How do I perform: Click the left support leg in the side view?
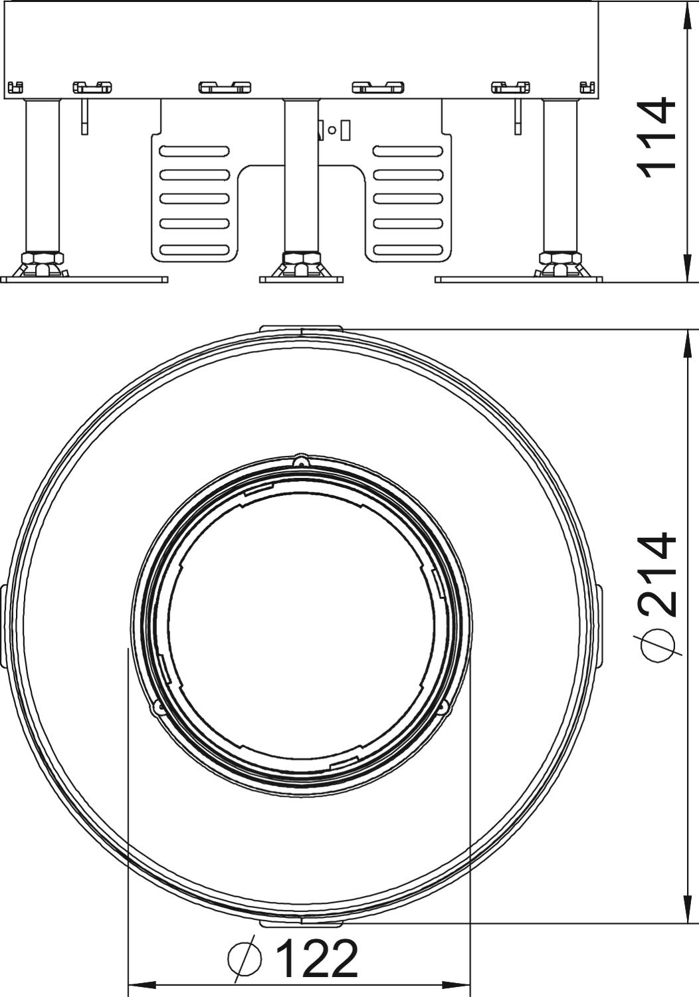pos(43,176)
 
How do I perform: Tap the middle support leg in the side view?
pos(302,176)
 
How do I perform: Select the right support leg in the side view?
pos(560,176)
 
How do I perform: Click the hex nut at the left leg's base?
pos(43,258)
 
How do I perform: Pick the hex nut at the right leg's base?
pos(560,258)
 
